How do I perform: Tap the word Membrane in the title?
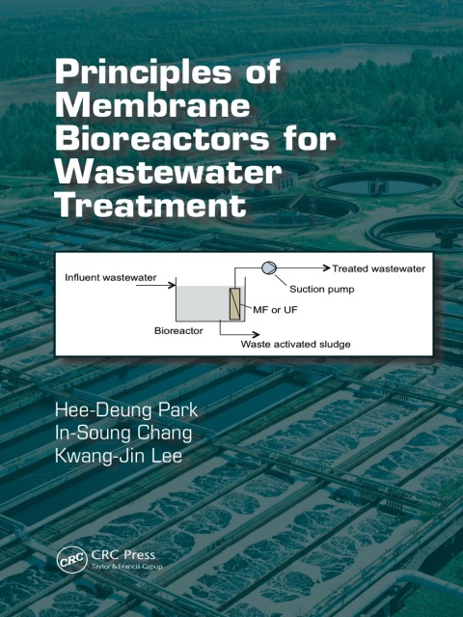tap(152, 105)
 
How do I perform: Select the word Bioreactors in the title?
tap(162, 139)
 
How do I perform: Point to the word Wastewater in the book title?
tap(169, 172)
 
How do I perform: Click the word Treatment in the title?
tap(150, 205)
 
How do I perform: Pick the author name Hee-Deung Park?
tap(126, 410)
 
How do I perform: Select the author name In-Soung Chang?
tap(123, 433)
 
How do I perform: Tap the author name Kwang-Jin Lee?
tap(119, 456)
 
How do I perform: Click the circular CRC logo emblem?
tap(72, 559)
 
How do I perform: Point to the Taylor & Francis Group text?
tap(126, 567)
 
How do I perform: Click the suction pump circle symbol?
tap(269, 268)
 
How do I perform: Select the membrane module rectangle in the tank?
tap(234, 303)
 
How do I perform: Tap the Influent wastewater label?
tap(110, 277)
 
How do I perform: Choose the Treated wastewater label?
tap(378, 268)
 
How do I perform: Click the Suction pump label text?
tap(322, 290)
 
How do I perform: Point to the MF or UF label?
tap(275, 310)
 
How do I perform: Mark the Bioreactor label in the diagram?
tap(178, 330)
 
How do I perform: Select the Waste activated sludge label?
tap(295, 345)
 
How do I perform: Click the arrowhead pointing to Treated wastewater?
tap(326, 268)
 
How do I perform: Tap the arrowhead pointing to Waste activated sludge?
tap(256, 334)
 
